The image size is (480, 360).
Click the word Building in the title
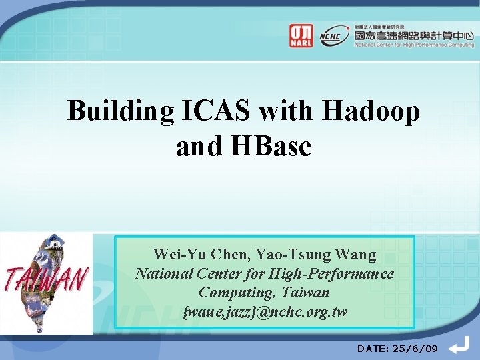point(121,111)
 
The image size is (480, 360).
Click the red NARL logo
point(301,35)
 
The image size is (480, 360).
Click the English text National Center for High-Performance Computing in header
point(413,45)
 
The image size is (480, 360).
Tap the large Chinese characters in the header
point(413,33)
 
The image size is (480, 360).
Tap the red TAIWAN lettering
point(47,279)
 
